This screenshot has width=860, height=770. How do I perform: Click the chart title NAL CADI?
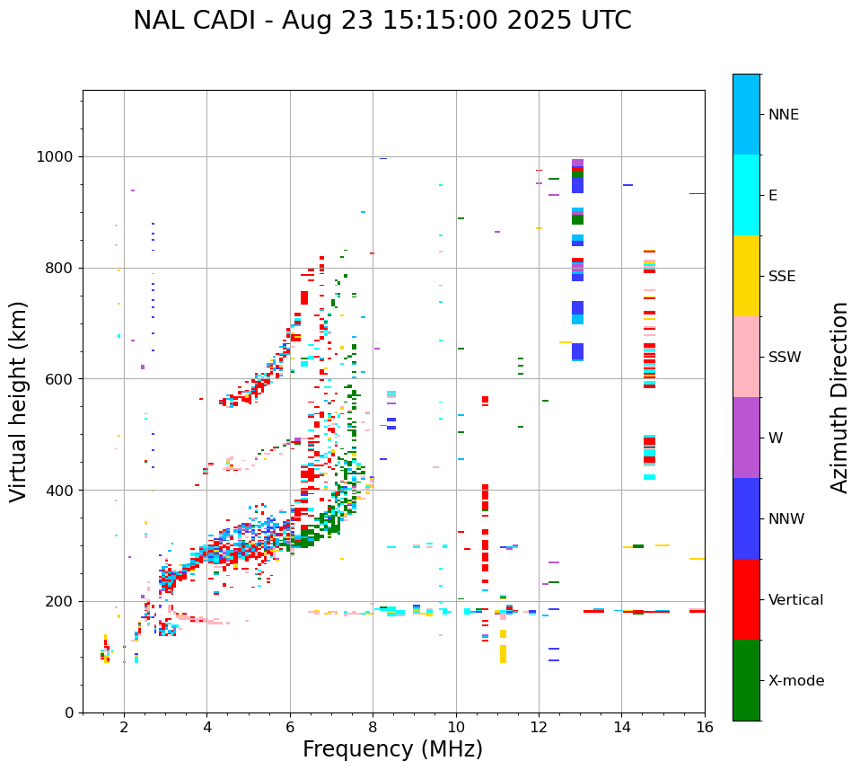point(382,21)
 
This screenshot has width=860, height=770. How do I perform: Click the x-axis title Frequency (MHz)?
point(392,749)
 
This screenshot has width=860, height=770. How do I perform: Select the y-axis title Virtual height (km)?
point(19,401)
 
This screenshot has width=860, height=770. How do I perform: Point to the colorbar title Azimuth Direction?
point(839,396)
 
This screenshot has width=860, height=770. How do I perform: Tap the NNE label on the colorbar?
point(783,115)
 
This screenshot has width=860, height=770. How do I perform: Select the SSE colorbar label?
point(782,277)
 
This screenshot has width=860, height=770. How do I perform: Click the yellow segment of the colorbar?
point(746,276)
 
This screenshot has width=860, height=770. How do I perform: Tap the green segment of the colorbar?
point(746,680)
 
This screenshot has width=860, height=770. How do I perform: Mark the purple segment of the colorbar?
point(746,438)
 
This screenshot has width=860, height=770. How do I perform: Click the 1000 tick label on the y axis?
point(56,156)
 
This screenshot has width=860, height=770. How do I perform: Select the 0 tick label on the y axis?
point(69,712)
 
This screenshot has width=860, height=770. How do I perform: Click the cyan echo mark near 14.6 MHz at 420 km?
point(649,477)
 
